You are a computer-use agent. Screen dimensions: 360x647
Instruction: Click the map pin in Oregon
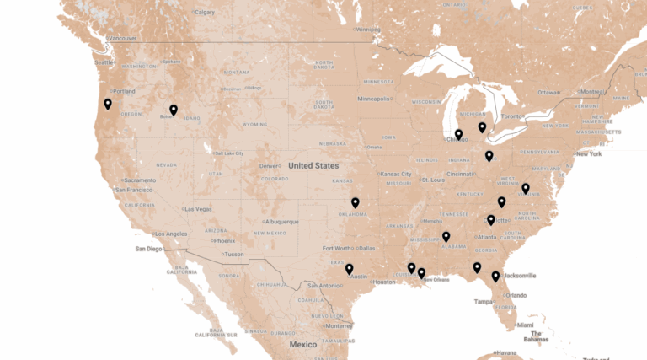[x=108, y=104]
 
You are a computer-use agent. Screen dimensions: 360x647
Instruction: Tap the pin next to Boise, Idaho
[x=173, y=110]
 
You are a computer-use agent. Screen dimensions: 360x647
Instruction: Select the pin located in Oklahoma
[x=355, y=202]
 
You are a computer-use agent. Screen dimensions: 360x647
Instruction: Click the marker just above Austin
[x=349, y=269]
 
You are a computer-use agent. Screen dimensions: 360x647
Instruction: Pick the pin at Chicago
[x=458, y=134]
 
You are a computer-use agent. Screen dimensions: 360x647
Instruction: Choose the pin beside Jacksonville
[x=495, y=276]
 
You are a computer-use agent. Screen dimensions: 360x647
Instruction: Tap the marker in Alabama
[x=446, y=237]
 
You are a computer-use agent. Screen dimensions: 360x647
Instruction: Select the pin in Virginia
[x=526, y=188]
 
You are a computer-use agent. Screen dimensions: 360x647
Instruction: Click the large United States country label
[x=313, y=166]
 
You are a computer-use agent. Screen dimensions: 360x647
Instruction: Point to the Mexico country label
[x=303, y=345]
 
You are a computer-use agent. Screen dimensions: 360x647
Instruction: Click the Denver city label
[x=270, y=165]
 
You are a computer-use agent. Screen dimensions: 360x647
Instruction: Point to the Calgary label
[x=205, y=12]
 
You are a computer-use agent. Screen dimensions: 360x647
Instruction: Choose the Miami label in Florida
[x=526, y=325]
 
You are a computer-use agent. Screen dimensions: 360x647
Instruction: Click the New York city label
[x=589, y=153]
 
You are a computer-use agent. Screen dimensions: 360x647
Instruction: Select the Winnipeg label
[x=368, y=30]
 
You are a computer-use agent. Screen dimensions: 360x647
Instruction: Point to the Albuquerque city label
[x=279, y=222]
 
